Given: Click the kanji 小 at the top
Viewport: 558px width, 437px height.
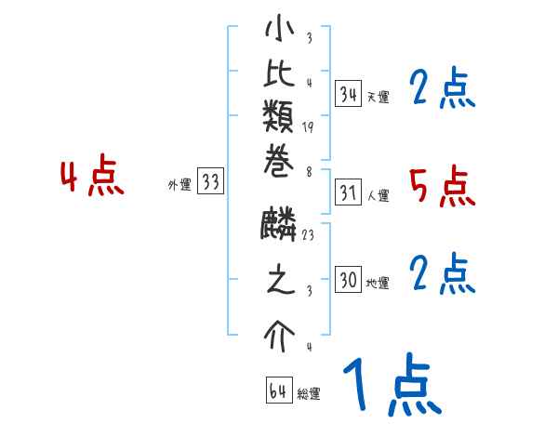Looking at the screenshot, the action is point(280,31).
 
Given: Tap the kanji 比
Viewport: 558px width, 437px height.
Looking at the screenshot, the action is point(280,79).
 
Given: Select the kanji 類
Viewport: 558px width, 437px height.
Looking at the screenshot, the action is point(280,123).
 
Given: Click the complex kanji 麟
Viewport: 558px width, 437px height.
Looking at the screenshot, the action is point(280,227).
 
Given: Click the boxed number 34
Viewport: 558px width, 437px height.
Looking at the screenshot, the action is point(349,95).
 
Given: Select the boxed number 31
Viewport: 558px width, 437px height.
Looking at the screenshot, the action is point(349,193).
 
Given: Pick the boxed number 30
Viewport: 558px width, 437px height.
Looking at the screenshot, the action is point(349,280).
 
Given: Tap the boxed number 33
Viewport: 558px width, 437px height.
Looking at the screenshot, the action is point(210,182).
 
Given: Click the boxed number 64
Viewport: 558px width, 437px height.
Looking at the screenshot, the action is point(278,391).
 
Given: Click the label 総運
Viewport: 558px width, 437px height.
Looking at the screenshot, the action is point(309,394).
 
